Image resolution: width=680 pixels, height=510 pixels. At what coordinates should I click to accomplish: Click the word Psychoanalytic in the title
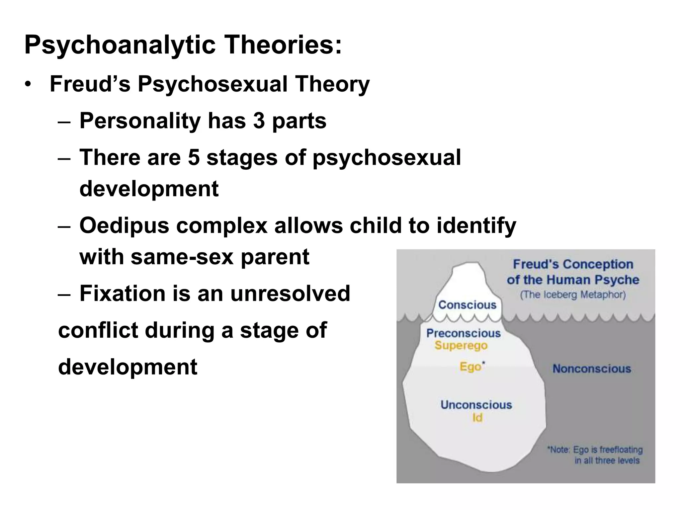[x=120, y=45]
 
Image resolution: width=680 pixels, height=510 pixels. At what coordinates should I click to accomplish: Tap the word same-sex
[x=182, y=257]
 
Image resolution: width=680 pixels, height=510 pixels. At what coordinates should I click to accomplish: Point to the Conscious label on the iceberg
[x=467, y=305]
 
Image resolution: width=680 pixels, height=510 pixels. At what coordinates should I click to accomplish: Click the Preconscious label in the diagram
[x=463, y=333]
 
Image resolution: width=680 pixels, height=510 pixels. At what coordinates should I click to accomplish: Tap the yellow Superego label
[x=461, y=346]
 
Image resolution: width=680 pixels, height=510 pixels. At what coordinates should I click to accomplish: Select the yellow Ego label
[x=470, y=367]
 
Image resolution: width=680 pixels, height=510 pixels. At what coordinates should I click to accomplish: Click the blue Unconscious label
[x=476, y=405]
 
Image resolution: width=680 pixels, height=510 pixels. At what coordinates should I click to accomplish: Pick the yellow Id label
[x=477, y=418]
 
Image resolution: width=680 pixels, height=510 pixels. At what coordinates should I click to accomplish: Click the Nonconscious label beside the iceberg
[x=592, y=369]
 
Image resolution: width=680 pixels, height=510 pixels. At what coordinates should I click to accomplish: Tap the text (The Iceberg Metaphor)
[x=573, y=295]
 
